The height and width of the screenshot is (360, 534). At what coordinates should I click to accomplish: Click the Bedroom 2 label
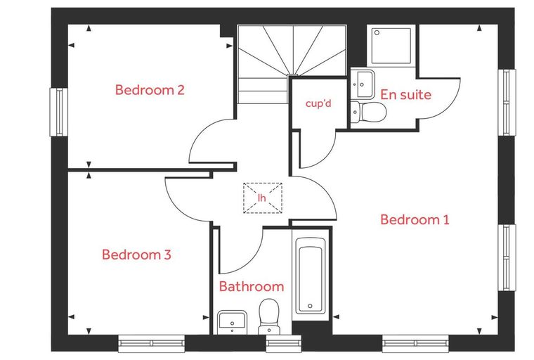click(x=150, y=90)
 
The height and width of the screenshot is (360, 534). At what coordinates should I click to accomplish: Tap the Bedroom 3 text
click(x=136, y=255)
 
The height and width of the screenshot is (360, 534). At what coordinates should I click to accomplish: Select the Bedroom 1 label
click(x=415, y=219)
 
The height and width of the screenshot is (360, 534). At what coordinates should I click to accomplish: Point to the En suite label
click(x=405, y=94)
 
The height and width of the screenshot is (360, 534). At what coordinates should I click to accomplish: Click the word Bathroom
click(x=252, y=286)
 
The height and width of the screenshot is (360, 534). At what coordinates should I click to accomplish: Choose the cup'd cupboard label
click(x=318, y=103)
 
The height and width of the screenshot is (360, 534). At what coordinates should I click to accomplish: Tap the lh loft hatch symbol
click(x=262, y=198)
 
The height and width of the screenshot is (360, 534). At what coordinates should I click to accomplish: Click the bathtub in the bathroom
click(x=310, y=276)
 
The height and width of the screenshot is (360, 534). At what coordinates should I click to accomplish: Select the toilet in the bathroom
click(x=268, y=316)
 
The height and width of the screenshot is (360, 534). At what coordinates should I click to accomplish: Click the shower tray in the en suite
click(x=391, y=46)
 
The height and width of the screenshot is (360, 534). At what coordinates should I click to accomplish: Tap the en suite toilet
click(x=368, y=111)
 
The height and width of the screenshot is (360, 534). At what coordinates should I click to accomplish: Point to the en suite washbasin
click(x=363, y=84)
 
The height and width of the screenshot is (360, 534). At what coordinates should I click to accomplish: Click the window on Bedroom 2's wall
click(x=58, y=112)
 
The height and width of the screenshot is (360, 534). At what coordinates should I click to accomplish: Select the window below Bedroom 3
click(x=152, y=343)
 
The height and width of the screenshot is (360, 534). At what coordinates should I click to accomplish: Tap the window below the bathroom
click(x=283, y=343)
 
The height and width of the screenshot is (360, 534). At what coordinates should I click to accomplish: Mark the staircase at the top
click(x=292, y=63)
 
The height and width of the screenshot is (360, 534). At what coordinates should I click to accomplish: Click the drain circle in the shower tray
click(x=377, y=33)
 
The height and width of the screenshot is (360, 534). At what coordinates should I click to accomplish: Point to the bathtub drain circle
click(x=310, y=306)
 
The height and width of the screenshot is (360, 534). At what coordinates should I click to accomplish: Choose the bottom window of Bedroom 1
click(x=415, y=343)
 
